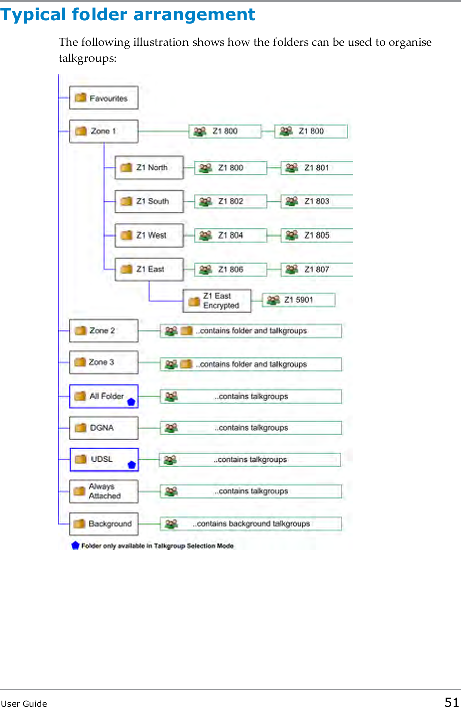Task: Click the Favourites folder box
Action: [x=104, y=98]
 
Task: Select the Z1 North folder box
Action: [x=149, y=168]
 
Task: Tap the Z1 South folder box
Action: [x=149, y=201]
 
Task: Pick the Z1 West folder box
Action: [x=149, y=235]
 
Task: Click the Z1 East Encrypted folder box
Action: [x=217, y=301]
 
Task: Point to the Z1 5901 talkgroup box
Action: [x=299, y=300]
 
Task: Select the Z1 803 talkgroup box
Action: [x=317, y=201]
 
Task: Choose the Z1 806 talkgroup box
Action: [x=230, y=270]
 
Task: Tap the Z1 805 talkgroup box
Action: [x=317, y=235]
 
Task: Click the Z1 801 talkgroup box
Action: [x=317, y=168]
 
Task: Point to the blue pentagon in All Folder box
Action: [x=131, y=402]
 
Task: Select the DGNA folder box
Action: [x=104, y=428]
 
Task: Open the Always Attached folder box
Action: [x=104, y=491]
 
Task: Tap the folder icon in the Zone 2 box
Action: [x=80, y=331]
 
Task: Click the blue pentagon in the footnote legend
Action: [x=75, y=545]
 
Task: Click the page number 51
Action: [x=452, y=702]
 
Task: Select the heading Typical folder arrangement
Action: [x=128, y=14]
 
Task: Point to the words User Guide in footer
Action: [x=24, y=703]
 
